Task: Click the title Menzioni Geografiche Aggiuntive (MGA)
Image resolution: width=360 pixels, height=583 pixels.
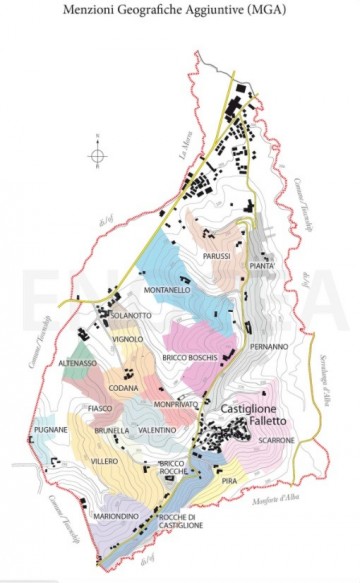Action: pos(180,11)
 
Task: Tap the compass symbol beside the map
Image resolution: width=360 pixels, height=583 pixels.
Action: pos(97,155)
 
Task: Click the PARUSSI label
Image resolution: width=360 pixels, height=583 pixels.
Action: pos(217,256)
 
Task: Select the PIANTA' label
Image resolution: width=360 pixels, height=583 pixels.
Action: pos(262,267)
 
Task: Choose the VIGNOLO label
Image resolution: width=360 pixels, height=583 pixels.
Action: pos(127,339)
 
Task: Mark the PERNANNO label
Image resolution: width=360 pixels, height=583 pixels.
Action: pos(268,346)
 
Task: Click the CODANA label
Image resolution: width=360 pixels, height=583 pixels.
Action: pos(123,387)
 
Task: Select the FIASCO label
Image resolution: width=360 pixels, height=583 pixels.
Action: pos(99,409)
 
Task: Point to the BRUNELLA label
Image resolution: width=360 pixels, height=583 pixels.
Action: pos(112,430)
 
